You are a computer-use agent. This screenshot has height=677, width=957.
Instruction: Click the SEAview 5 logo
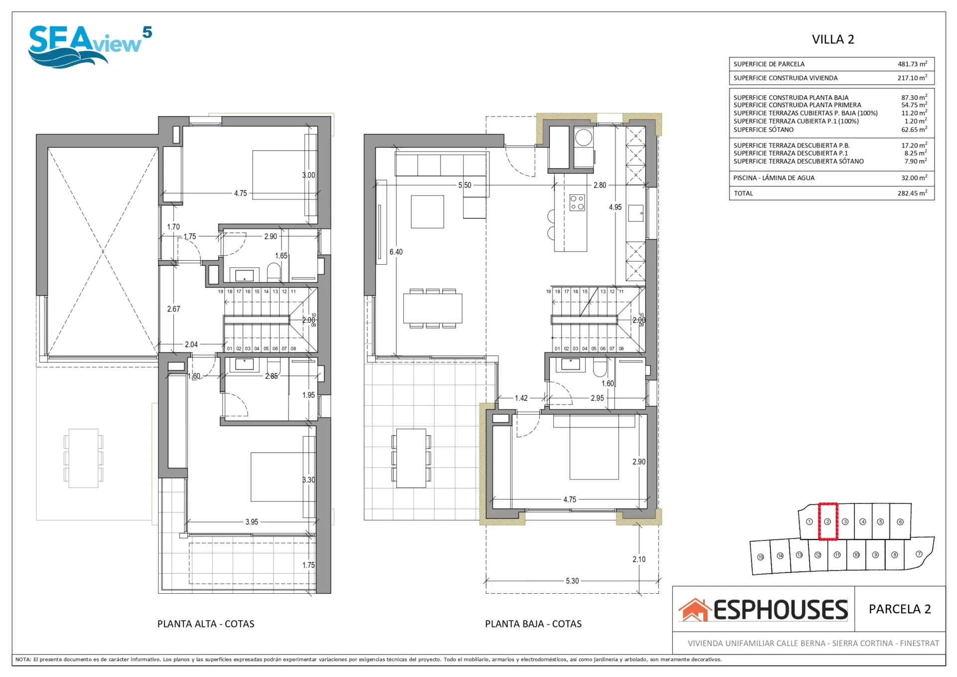(90, 46)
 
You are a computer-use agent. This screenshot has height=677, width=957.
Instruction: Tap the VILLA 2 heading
(833, 39)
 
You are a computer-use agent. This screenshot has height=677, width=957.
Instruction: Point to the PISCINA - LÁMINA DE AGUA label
(774, 178)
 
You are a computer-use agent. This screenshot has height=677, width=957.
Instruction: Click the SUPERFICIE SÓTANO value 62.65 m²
(914, 129)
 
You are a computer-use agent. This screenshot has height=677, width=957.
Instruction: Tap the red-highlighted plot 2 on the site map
(827, 521)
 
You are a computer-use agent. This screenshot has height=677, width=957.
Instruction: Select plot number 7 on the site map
(919, 554)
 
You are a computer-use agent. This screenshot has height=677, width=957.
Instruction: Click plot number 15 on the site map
(761, 557)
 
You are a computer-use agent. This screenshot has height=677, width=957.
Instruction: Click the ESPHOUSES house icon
(695, 610)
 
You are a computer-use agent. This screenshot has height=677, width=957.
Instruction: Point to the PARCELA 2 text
(900, 609)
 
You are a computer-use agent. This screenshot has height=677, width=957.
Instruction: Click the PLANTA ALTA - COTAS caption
(206, 624)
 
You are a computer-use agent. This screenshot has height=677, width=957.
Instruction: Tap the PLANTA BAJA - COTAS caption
(533, 624)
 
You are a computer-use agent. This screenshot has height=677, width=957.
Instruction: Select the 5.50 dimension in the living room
(465, 185)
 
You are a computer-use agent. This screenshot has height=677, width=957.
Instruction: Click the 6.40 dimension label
(396, 252)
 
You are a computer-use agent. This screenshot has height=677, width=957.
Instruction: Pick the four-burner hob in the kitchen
(577, 202)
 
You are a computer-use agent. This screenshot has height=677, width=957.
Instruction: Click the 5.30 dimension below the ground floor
(572, 581)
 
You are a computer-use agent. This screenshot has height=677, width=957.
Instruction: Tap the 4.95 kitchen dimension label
(615, 207)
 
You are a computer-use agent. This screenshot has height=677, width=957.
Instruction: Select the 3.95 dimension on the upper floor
(252, 522)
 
